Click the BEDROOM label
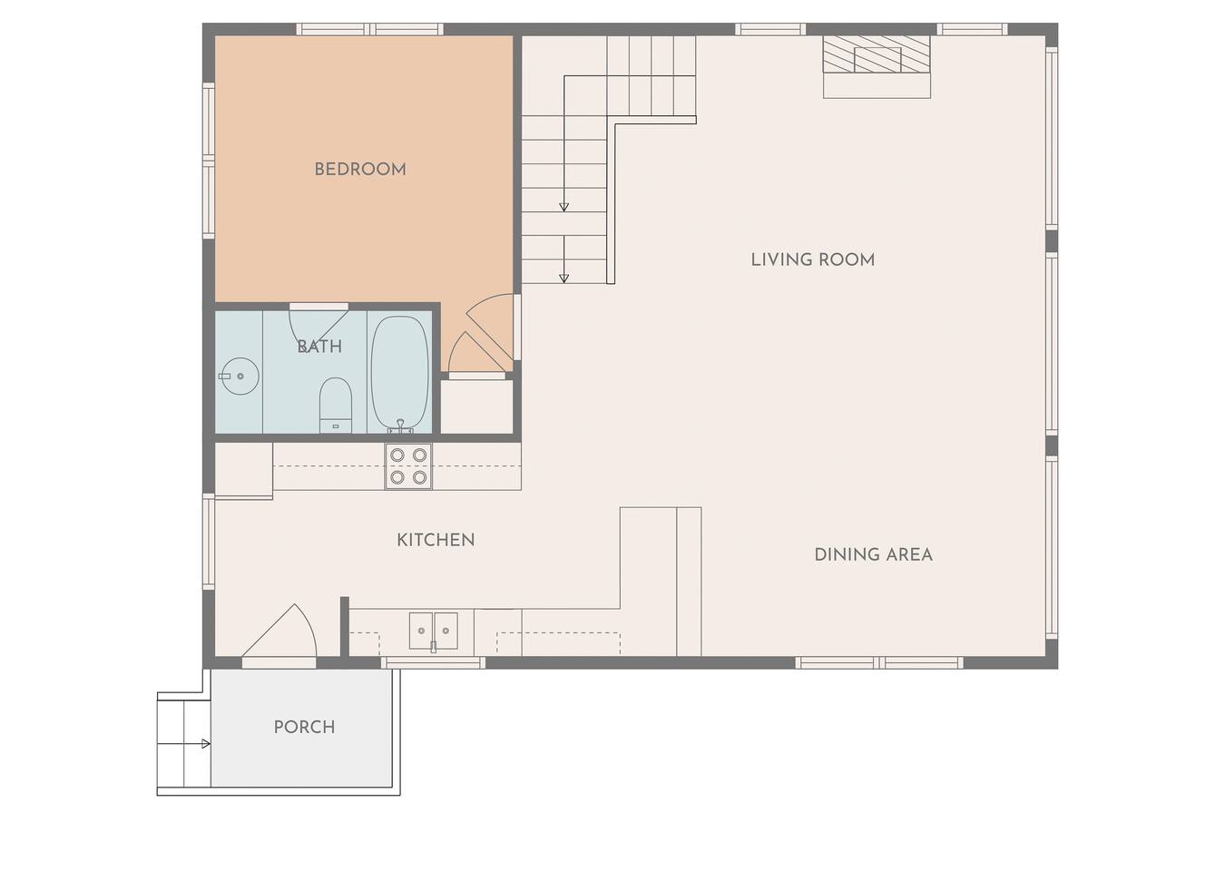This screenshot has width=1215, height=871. click(x=360, y=170)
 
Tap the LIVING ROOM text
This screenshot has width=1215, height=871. click(x=812, y=259)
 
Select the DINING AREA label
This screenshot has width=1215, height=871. click(x=873, y=555)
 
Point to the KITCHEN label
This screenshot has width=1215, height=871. click(x=436, y=540)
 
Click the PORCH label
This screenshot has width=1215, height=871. click(x=304, y=728)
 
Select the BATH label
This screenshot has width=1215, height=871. click(x=319, y=347)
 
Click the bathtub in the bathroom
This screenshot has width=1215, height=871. click(x=400, y=374)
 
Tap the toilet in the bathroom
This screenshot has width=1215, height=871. click(x=336, y=406)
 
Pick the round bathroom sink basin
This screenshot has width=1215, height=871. click(x=240, y=376)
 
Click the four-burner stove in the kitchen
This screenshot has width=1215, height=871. click(x=408, y=466)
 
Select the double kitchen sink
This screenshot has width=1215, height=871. click(x=434, y=631)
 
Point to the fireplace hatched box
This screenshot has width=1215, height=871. click(x=877, y=54)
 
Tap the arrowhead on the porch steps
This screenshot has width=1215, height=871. click(x=206, y=744)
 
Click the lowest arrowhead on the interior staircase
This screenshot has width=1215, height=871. click(x=564, y=279)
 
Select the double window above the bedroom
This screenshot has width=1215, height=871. click(x=370, y=29)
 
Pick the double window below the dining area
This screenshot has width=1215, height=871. click(x=879, y=662)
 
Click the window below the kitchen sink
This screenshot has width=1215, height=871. click(x=433, y=662)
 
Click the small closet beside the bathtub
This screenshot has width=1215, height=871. click(x=476, y=406)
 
